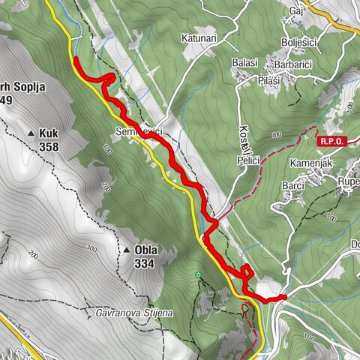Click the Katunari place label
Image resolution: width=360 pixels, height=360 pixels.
(x=198, y=37)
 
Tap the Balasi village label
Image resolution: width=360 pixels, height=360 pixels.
(x=245, y=63)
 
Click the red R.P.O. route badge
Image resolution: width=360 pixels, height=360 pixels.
(x=330, y=141)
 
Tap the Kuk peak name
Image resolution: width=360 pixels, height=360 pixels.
(x=49, y=133)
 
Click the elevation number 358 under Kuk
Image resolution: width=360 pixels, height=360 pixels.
(x=49, y=146)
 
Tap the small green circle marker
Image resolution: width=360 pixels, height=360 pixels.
(x=198, y=276)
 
